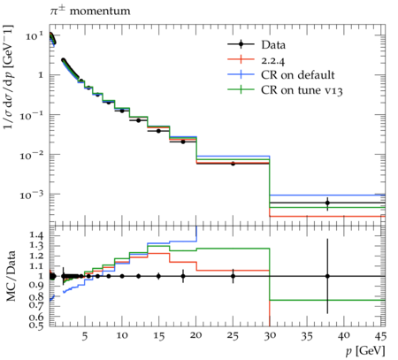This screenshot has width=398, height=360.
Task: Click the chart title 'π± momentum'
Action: coord(90,11)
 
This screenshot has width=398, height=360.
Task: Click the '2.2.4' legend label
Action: coord(273,61)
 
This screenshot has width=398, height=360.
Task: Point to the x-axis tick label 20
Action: coord(196,335)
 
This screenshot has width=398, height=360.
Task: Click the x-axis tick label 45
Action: coord(380,335)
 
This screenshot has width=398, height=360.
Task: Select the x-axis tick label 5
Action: coord(85,335)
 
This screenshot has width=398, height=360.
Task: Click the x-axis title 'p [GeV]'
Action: coord(365,351)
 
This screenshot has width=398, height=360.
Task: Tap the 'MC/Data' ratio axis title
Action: coord(11,276)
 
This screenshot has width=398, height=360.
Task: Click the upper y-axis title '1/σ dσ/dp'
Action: coord(9,77)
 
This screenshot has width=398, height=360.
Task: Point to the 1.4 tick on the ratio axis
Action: coord(37,235)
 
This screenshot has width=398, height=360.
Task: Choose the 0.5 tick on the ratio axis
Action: coord(37,325)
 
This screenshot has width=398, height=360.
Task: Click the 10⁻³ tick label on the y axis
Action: coord(32,194)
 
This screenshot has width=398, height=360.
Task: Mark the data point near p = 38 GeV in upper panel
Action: coord(327,203)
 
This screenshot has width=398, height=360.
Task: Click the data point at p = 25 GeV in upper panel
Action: coord(233,164)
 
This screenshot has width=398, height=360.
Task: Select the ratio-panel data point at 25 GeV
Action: coord(233,276)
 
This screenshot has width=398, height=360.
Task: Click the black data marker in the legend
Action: coord(241,44)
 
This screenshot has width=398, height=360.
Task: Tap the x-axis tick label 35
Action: coord(307,335)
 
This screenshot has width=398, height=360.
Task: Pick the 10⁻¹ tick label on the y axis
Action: coord(32,115)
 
